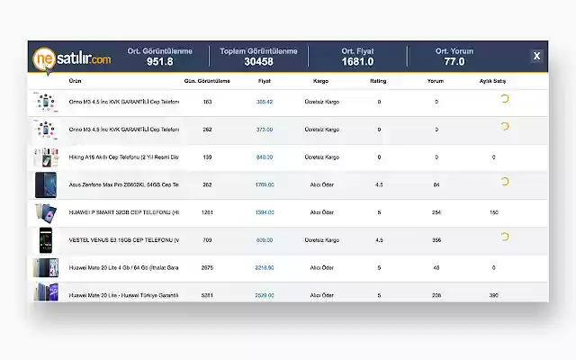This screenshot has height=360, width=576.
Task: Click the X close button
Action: (x=536, y=56)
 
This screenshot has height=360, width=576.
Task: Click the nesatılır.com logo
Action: (x=74, y=58)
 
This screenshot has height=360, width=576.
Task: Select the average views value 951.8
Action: (x=159, y=62)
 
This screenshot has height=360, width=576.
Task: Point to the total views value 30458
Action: (x=258, y=62)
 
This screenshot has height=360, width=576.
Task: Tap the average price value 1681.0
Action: (x=357, y=62)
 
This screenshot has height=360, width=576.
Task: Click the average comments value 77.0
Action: (x=454, y=62)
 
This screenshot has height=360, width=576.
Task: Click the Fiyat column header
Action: (x=265, y=81)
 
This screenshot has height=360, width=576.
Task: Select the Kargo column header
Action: (x=320, y=81)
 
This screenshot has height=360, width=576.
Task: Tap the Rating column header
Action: (x=379, y=81)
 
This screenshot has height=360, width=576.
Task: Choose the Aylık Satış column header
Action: (x=493, y=81)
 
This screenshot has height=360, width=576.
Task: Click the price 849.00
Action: (x=265, y=157)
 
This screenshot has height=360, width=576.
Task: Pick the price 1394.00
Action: (x=265, y=212)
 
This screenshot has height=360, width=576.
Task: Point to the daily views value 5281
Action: (x=208, y=295)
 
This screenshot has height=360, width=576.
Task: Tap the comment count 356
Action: (x=436, y=240)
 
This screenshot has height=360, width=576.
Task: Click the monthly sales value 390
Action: (x=493, y=295)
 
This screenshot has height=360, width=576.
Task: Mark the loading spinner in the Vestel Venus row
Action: (x=504, y=237)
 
